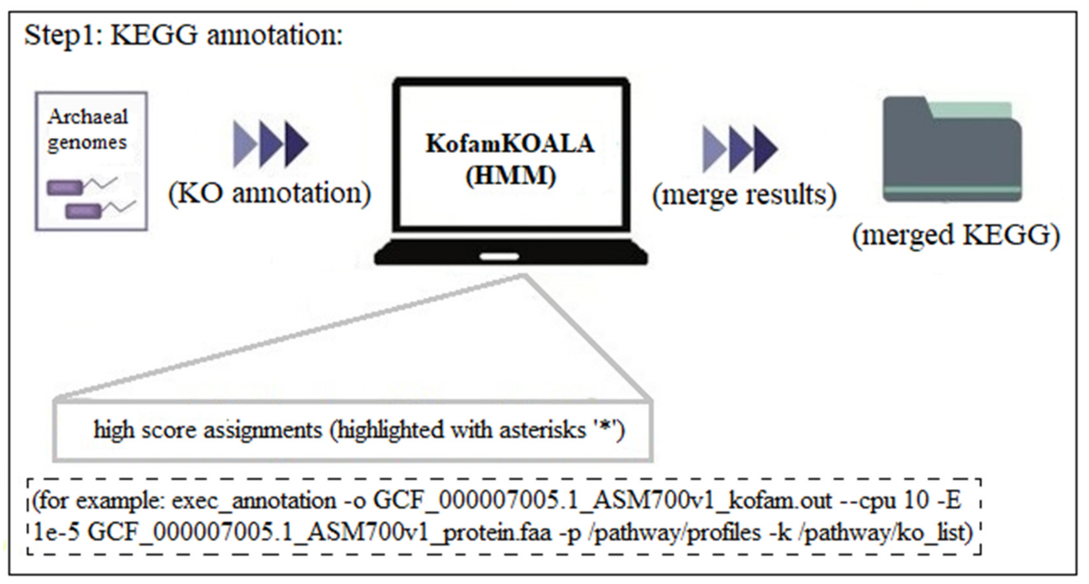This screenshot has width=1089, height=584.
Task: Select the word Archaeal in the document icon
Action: (87, 117)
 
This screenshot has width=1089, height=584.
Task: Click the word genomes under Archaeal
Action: (87, 143)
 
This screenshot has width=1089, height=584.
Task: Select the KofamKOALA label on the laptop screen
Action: (510, 144)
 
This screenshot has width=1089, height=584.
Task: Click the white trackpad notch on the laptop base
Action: (499, 257)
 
